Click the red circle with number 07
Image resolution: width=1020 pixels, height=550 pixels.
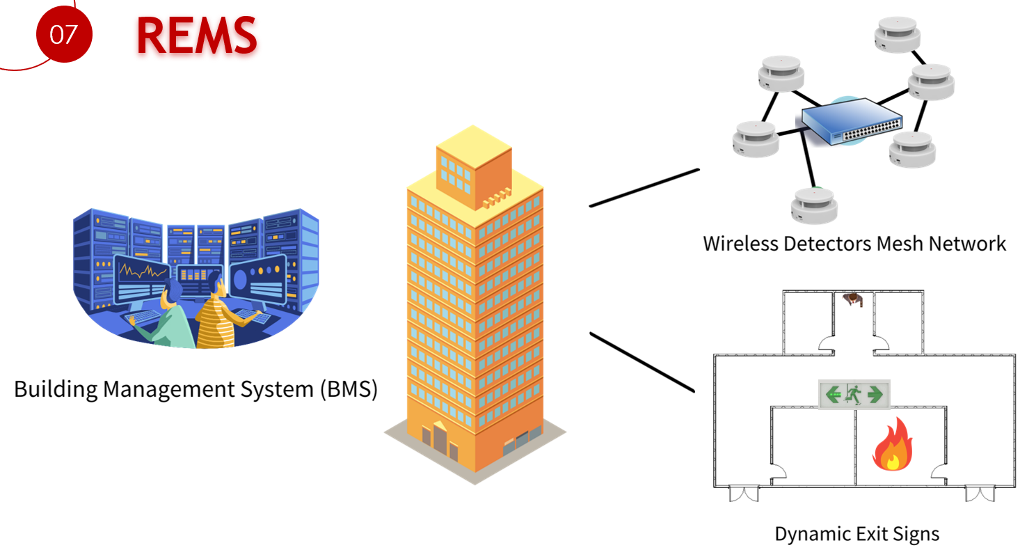63,33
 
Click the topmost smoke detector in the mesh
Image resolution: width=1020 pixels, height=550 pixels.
898,35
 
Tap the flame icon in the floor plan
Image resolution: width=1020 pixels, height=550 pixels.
893,446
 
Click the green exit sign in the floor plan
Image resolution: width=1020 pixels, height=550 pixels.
854,395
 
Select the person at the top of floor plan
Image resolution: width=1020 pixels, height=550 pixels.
853,299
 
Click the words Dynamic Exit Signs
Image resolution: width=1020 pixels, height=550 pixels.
856,534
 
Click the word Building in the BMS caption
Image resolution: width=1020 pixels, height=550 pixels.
56,388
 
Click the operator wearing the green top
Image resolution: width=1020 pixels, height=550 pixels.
172,317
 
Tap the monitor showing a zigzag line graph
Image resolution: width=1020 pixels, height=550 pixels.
141,274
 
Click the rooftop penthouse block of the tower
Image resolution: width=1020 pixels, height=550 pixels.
473,167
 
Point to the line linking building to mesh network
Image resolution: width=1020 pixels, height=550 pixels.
644,187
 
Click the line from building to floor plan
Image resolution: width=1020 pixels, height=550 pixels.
642,362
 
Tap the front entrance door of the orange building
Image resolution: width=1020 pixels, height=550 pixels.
440,437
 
